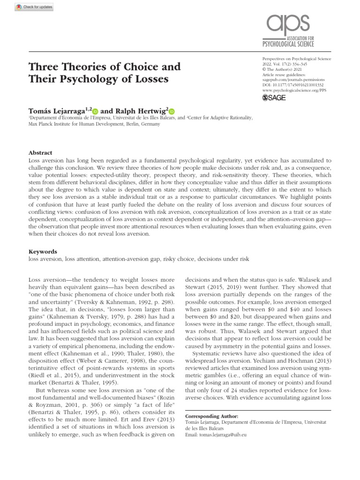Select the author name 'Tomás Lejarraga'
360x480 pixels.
(58, 111)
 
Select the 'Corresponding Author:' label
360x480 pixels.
(212, 416)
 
